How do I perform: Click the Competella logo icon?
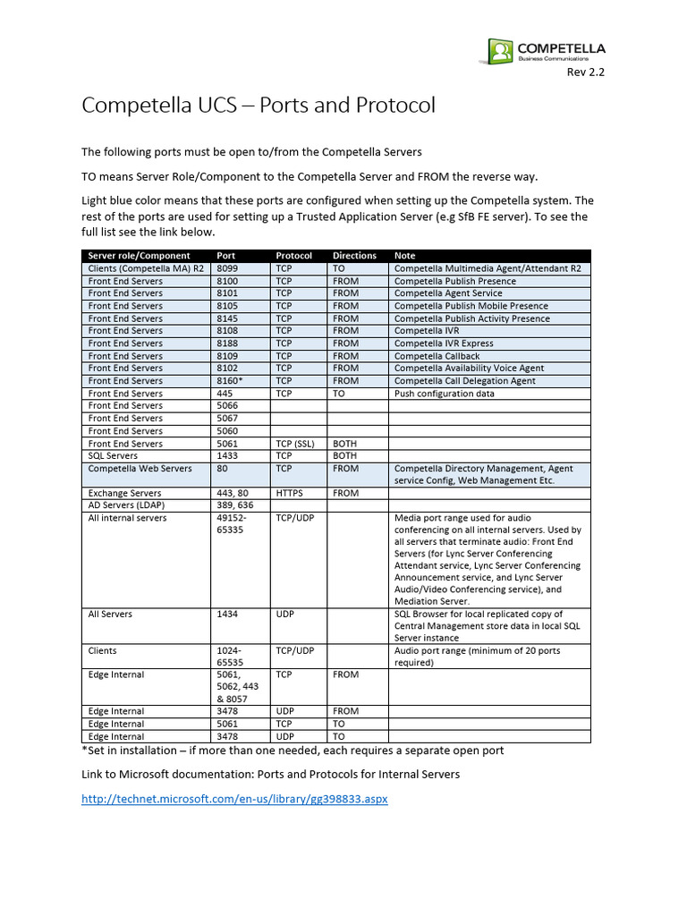pos(501,51)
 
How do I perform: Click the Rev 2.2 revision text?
pos(586,73)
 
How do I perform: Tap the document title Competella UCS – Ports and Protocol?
pos(259,106)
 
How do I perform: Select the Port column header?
pos(226,256)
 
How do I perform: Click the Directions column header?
pos(354,256)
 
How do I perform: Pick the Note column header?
pos(404,256)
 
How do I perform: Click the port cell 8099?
pos(230,268)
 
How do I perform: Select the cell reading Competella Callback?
pos(437,356)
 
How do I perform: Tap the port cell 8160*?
pos(232,381)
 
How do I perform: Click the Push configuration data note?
pos(444,394)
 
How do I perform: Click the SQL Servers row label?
pos(113,456)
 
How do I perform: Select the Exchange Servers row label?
pos(124,493)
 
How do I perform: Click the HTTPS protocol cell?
pos(291,493)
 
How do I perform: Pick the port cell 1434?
pos(227,615)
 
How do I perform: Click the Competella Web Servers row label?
pos(140,469)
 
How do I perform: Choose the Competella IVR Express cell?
pos(444,343)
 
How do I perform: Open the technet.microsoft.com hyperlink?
pos(234,798)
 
